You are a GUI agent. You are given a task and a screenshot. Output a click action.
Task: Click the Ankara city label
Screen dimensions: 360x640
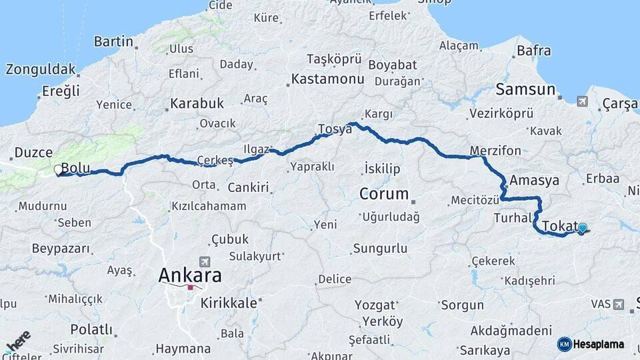coord(190,275)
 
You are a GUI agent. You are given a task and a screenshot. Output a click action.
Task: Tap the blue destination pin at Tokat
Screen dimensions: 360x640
coord(583,228)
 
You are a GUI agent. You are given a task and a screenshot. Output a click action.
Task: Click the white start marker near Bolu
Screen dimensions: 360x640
coord(59,170)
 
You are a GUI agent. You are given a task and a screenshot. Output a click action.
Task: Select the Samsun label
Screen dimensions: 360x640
coord(525,89)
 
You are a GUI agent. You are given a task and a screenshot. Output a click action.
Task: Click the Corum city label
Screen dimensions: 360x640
coord(383,194)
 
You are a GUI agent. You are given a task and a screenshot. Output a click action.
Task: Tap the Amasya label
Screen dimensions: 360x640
coord(534,181)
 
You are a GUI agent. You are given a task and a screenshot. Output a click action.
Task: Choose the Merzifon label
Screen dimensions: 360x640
coord(495,151)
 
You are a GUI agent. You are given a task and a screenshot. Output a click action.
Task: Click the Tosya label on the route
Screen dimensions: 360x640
coord(335,129)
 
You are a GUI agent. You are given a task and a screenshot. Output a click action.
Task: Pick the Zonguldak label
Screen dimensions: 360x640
coord(41,69)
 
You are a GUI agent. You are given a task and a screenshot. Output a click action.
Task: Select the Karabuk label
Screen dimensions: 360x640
coord(197,103)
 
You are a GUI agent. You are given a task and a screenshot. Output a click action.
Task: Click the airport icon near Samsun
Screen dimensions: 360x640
coord(583,101)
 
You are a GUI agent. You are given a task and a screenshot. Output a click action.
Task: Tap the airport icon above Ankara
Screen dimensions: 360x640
coord(203,262)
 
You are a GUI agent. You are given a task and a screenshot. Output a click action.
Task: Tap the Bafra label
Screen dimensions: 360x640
coord(534,51)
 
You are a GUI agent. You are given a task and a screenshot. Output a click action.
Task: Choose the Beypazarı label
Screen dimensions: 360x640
coord(61,248)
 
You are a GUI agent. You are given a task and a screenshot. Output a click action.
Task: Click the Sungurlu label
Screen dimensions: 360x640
coord(380,249)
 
